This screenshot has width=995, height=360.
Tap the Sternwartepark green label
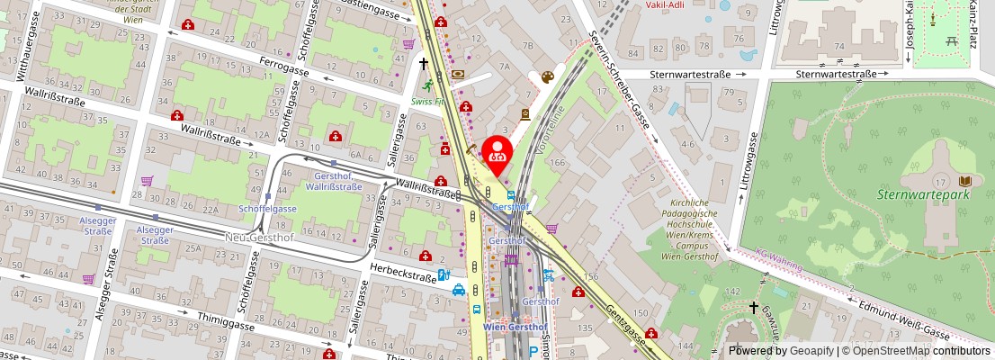[x=924, y=193]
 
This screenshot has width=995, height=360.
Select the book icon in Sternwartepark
[x=965, y=180]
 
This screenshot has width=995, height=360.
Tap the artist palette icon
[x=547, y=78]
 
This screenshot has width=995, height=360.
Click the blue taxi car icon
[x=459, y=291]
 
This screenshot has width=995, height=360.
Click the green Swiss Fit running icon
[x=427, y=86]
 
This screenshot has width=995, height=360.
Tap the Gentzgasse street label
[x=626, y=321]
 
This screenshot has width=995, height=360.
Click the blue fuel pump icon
[x=442, y=275]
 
